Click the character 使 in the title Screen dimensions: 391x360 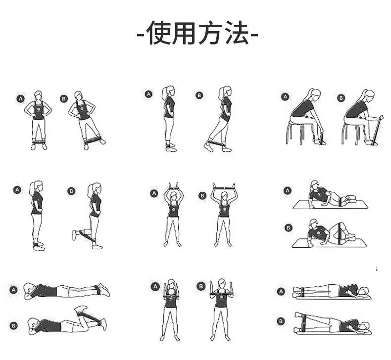coord(158,33)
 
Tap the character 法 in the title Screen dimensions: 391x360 coord(236,33)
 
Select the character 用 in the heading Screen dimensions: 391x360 coord(185,33)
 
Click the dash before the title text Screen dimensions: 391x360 coord(141,35)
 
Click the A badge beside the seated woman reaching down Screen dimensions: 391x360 coord(285,96)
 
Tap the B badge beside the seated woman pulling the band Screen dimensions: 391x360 coord(341,98)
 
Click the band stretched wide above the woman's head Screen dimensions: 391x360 coord(224,187)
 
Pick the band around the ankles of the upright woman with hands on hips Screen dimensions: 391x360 coord(39,142)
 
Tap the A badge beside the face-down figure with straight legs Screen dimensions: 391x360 coord(13,290)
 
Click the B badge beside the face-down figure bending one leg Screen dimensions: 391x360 coord(13,325)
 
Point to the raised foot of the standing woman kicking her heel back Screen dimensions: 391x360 coord(74,235)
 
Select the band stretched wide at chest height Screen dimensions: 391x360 coord(222,294)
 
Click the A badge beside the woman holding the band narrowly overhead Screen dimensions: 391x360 coord(154,193)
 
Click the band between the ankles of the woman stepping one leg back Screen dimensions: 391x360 coord(216,144)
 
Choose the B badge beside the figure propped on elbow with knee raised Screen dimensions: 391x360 coord(288,227)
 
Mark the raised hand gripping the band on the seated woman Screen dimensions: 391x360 coord(380,117)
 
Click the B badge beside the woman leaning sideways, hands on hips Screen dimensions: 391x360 coord(64,99)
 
